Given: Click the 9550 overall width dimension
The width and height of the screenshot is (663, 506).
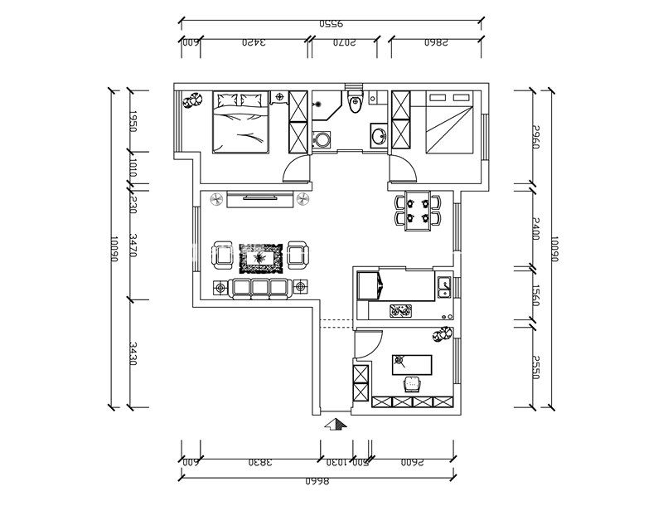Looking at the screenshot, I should click(332, 24).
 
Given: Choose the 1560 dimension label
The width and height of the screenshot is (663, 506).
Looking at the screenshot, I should click(535, 294).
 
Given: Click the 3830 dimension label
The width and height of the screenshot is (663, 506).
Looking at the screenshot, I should click(259, 461).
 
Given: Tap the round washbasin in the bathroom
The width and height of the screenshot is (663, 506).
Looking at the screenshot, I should click(378, 135).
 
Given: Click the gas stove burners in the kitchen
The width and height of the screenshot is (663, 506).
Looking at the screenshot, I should click(401, 312).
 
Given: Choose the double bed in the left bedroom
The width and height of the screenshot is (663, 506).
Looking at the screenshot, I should click(241, 124).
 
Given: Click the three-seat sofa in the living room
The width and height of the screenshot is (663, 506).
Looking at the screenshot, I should click(260, 287).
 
